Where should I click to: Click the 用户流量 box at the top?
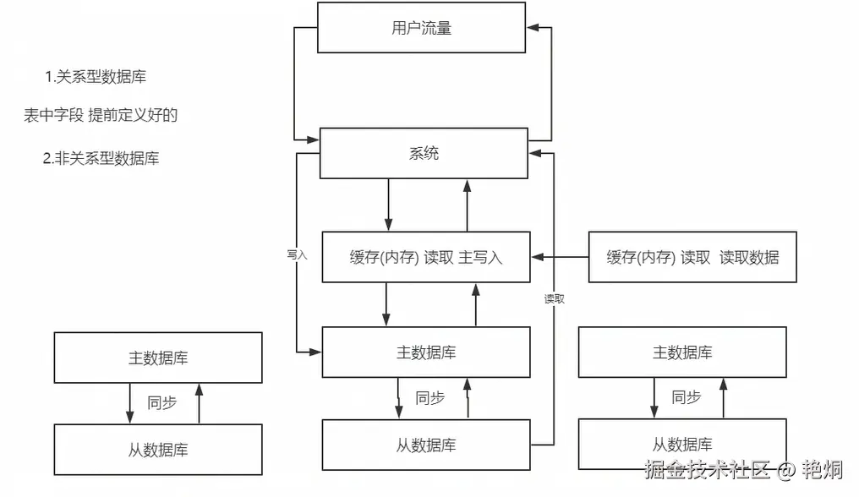(422, 28)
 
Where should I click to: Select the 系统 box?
(424, 154)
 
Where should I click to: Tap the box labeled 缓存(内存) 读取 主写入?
(426, 257)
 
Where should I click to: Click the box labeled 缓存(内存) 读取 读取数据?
(692, 257)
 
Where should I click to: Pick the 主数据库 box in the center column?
(426, 352)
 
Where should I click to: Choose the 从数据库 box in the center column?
(426, 445)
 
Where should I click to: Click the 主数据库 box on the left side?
(158, 358)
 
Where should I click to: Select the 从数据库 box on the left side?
(158, 450)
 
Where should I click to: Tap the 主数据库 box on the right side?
(682, 352)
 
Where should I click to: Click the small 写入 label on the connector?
(296, 253)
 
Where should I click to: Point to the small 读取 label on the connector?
(554, 298)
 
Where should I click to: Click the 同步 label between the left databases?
(162, 403)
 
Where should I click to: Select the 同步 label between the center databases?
(430, 398)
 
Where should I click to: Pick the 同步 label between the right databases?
(687, 397)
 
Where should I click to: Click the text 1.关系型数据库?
(96, 77)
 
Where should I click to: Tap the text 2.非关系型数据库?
(101, 158)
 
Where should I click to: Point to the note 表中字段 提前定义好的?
(101, 116)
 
